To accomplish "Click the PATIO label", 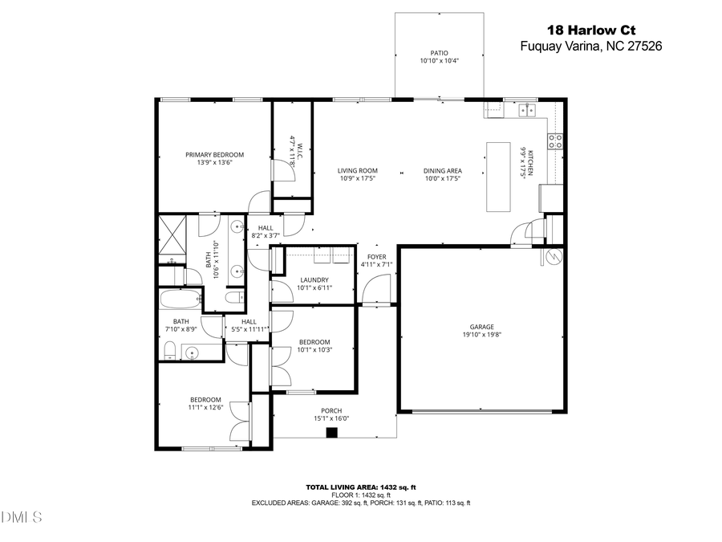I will tap(439, 53).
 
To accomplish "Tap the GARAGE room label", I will tap(481, 327).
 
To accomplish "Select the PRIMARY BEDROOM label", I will tap(214, 155).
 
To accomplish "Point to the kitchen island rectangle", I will tap(498, 177).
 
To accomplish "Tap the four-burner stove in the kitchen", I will tap(554, 141).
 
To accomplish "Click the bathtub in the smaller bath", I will tap(179, 300).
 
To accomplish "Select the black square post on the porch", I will tap(331, 433).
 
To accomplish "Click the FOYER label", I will tap(377, 256).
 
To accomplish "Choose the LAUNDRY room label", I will tap(314, 279).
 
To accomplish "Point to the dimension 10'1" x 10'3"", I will tap(314, 349).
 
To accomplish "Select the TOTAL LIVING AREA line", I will tap(360, 487).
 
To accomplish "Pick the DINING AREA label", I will tap(442, 170).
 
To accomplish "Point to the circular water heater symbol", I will tap(552, 257).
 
